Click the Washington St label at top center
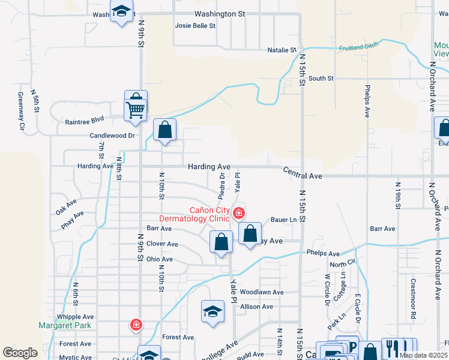(x=220, y=13)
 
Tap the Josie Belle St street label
(x=195, y=26)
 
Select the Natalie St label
(x=282, y=50)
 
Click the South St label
(x=321, y=79)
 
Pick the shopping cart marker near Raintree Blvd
(x=136, y=110)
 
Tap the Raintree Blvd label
(x=85, y=120)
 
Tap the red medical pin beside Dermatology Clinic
(x=239, y=213)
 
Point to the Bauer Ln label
(x=284, y=220)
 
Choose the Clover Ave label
(x=163, y=244)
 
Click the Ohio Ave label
(x=160, y=260)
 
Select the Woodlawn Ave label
(x=262, y=292)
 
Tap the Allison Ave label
(x=256, y=307)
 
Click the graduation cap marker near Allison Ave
(x=212, y=311)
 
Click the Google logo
(x=20, y=353)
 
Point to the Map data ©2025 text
(x=423, y=355)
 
